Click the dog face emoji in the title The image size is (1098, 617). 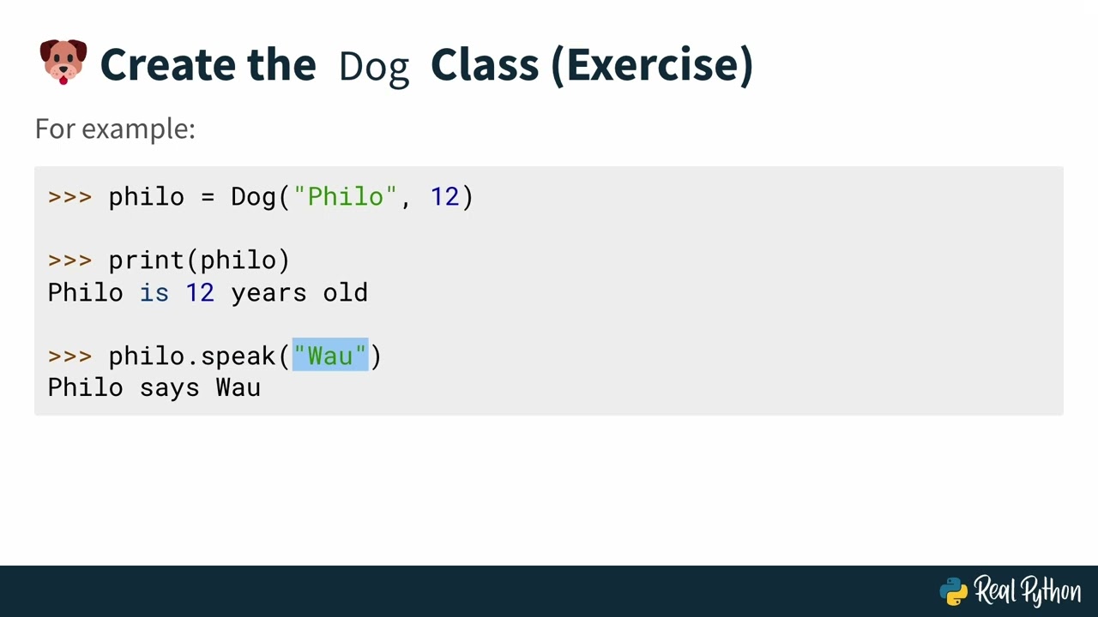63,62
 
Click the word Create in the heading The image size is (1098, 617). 166,64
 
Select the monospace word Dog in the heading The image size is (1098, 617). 373,67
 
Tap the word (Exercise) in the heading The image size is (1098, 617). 652,65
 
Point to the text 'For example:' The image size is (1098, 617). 115,129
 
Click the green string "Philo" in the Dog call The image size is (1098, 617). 346,197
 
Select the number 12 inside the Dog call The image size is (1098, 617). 444,197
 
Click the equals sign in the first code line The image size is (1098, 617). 208,197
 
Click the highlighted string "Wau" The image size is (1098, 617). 330,356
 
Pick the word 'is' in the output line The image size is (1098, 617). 154,292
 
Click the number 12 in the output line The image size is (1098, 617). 200,292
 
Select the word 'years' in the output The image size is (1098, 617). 268,292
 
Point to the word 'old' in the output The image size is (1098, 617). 346,292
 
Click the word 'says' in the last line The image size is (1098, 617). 170,387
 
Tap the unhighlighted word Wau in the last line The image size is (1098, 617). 238,387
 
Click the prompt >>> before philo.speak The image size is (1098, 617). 69,356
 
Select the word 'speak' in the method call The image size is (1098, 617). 238,356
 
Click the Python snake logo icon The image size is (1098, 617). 954,591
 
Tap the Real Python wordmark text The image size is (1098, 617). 1027,591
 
